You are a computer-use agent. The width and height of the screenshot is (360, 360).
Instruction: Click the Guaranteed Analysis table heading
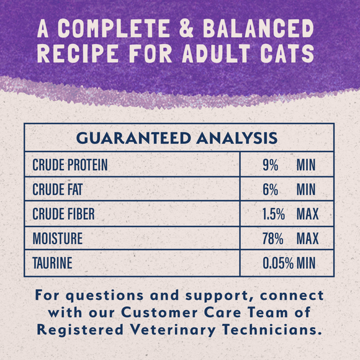pos(179,138)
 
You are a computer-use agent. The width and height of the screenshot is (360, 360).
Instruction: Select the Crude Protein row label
pos(70,165)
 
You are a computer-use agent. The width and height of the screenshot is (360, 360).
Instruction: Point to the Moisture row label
pos(57,238)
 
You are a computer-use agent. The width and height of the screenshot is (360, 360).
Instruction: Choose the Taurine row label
pos(52,263)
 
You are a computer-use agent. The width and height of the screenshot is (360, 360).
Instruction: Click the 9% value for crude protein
pos(270,165)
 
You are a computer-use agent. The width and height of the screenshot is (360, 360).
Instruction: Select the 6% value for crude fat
pos(270,189)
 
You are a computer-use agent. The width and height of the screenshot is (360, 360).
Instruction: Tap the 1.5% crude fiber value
pos(272,214)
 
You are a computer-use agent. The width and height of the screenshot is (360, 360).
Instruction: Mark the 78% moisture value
pos(272,238)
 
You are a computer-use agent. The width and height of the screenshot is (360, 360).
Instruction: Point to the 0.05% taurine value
pos(277,263)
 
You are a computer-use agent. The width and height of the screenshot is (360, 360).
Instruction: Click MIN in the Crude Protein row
pos(306,165)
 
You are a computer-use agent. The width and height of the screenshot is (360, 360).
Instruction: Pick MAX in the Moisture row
pos(307,238)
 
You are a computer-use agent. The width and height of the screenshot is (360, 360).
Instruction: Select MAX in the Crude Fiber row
pos(307,214)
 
